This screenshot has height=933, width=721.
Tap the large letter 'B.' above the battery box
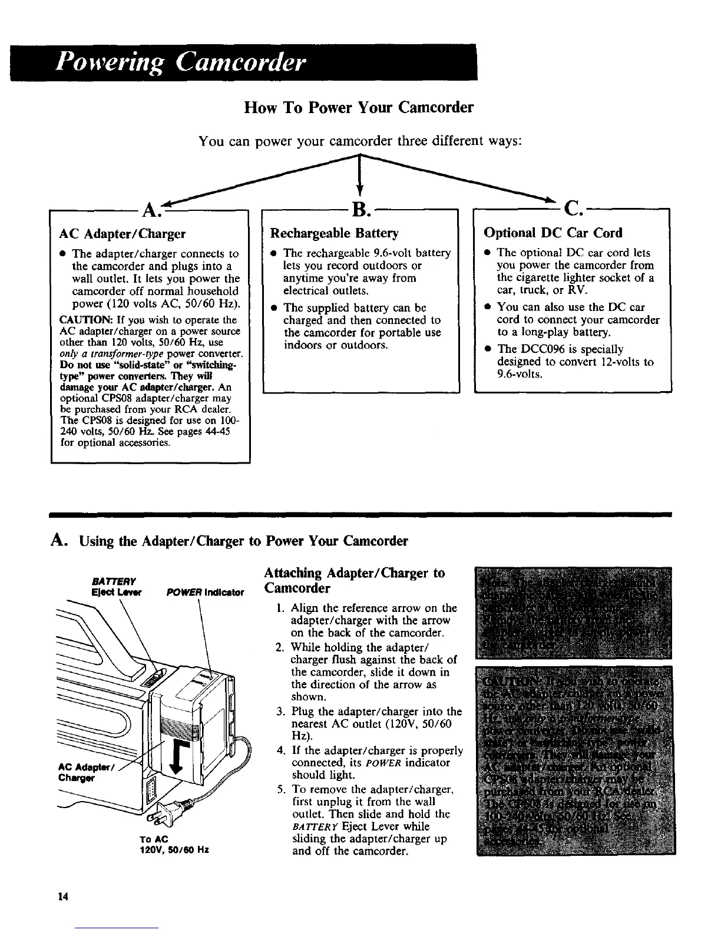(x=359, y=209)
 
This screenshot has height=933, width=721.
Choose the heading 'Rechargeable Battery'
(x=334, y=233)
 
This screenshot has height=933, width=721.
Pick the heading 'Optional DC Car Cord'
(x=553, y=233)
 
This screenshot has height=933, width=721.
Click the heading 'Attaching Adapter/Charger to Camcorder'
(x=355, y=580)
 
